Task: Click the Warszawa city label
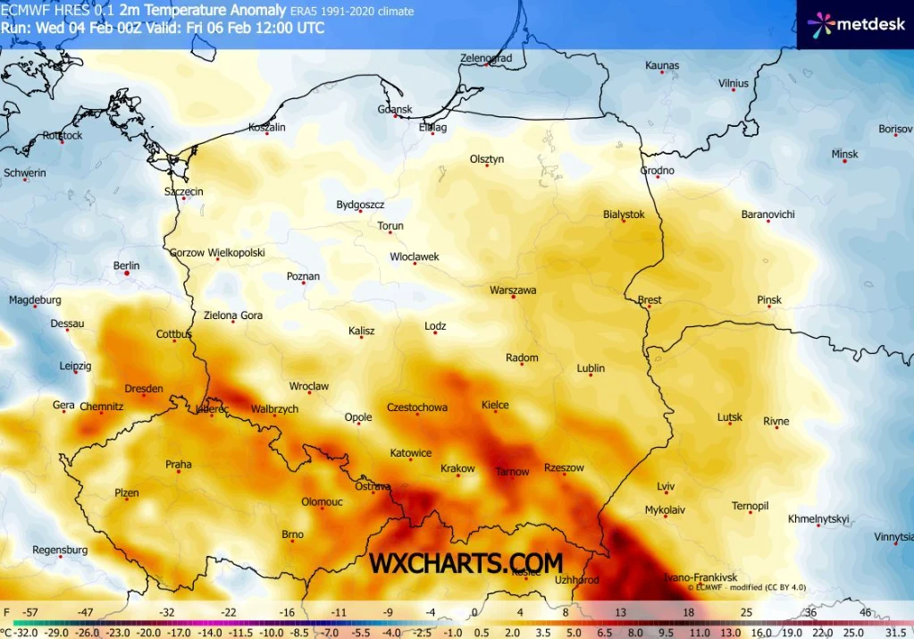513,290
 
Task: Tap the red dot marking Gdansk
396,116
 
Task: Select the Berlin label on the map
127,265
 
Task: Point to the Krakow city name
457,468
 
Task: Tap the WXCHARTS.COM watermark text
466,563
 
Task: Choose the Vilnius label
734,83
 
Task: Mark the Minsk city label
844,154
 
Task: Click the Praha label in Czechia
179,464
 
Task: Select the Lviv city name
666,486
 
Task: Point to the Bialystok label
624,214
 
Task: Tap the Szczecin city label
184,191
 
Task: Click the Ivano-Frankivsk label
700,577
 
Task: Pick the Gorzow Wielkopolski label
217,253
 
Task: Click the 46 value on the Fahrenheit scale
864,613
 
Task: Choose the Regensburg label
60,550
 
